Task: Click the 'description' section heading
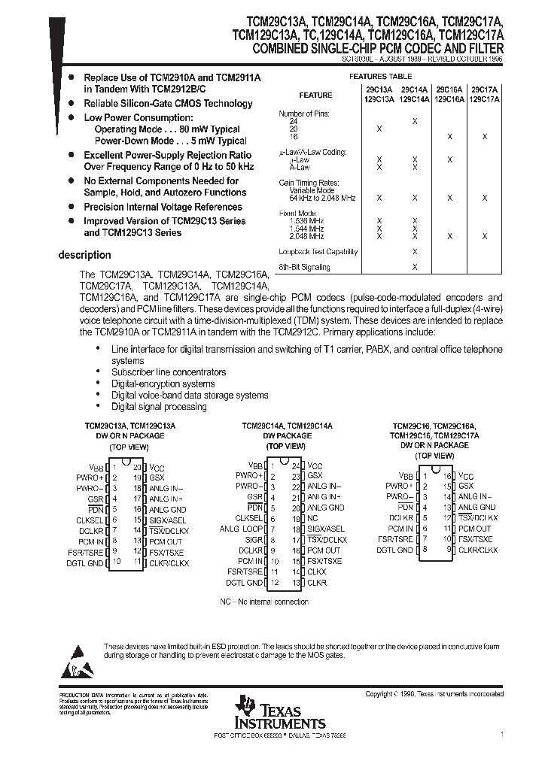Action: pyautogui.click(x=84, y=256)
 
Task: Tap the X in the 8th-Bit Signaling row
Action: pyautogui.click(x=415, y=267)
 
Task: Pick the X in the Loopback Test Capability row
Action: pyautogui.click(x=415, y=252)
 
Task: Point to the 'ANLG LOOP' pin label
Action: pyautogui.click(x=242, y=529)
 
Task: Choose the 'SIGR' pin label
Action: pyautogui.click(x=254, y=540)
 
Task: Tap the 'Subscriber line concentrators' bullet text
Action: pyautogui.click(x=168, y=372)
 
